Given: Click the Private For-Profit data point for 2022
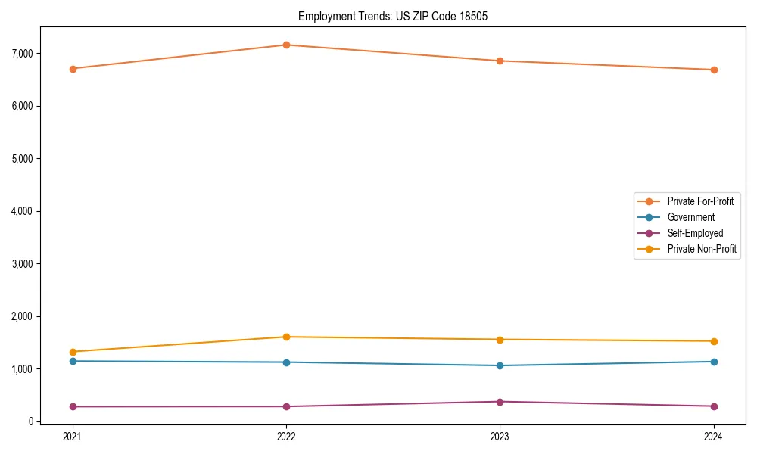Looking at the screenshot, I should [x=286, y=45].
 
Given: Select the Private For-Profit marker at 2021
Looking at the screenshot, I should [x=73, y=69].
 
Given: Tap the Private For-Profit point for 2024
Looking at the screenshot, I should [x=713, y=70].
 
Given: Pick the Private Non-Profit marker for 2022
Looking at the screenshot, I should [x=286, y=337].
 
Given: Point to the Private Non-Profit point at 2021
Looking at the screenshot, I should [x=73, y=352].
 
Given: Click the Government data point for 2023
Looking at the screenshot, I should [x=500, y=365].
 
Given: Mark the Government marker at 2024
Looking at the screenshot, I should [x=713, y=362].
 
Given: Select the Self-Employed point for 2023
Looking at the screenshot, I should [x=500, y=402].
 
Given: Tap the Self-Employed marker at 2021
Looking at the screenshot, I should [x=73, y=406].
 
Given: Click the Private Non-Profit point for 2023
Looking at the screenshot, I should [x=500, y=340].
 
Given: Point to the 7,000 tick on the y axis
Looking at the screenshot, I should [x=22, y=54].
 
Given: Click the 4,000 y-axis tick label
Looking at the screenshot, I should [x=22, y=211].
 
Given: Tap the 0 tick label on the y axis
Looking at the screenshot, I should [x=30, y=421].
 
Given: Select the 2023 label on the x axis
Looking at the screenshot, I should [x=500, y=437].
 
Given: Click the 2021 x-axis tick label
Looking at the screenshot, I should [x=73, y=437].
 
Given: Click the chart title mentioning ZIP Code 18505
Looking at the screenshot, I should [x=388, y=16].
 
